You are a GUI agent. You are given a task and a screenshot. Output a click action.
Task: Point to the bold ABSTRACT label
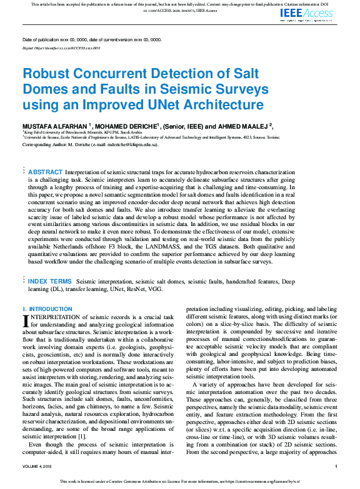(x=46, y=172)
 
